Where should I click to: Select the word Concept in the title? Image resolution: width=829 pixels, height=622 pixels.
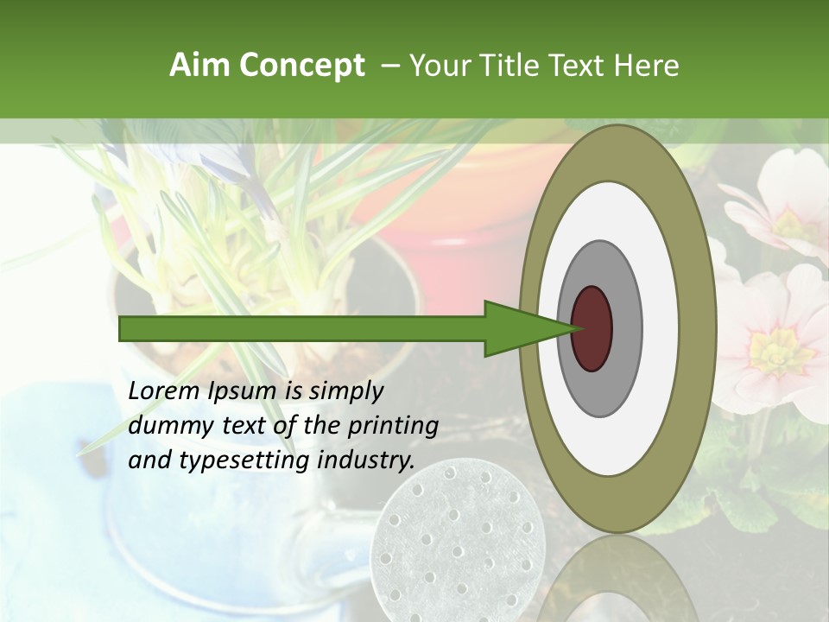pos(301,66)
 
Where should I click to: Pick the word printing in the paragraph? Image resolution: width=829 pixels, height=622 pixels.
pos(394,426)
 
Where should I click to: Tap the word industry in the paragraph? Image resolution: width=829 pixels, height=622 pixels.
pos(363,460)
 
